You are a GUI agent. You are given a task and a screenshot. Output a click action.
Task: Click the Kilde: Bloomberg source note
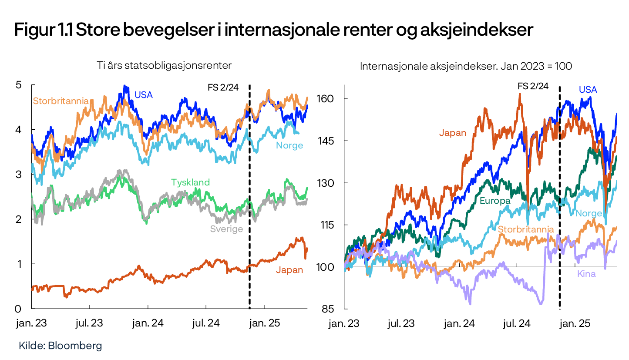pyautogui.click(x=60, y=346)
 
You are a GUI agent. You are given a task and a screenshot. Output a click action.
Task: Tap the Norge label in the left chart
pyautogui.click(x=289, y=145)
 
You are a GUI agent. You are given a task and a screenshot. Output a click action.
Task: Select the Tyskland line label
pyautogui.click(x=190, y=182)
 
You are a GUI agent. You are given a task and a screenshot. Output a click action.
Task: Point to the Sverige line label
pyautogui.click(x=226, y=229)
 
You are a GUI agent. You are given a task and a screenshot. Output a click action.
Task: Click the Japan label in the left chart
pyautogui.click(x=289, y=270)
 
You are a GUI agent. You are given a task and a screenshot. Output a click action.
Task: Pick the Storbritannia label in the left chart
pyautogui.click(x=61, y=101)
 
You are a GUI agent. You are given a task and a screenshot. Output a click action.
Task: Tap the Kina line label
pyautogui.click(x=586, y=274)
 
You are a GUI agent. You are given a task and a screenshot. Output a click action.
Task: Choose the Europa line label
pyautogui.click(x=494, y=201)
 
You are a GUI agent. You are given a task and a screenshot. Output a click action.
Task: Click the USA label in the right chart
pyautogui.click(x=588, y=90)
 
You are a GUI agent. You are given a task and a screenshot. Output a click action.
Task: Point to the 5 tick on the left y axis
pyautogui.click(x=18, y=85)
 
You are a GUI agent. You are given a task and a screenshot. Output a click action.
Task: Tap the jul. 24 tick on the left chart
pyautogui.click(x=206, y=323)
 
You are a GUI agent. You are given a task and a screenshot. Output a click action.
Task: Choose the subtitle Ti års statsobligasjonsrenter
pyautogui.click(x=164, y=66)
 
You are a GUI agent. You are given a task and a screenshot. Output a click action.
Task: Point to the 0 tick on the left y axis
pyautogui.click(x=18, y=309)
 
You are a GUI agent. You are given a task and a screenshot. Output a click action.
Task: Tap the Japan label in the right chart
pyautogui.click(x=452, y=133)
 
